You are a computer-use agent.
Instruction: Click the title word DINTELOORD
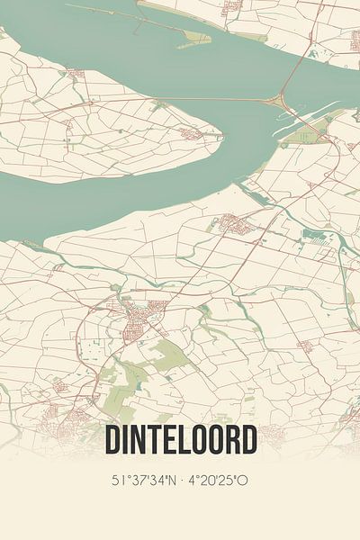(180, 440)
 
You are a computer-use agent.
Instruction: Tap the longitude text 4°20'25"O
(218, 480)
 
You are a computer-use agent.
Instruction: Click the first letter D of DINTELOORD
(113, 440)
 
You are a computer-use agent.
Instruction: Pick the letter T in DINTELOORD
(156, 440)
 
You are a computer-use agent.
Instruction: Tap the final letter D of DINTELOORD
(247, 440)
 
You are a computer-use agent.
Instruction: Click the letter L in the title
(187, 440)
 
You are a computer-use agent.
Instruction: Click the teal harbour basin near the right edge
(319, 238)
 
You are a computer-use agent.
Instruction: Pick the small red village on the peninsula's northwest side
(75, 72)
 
